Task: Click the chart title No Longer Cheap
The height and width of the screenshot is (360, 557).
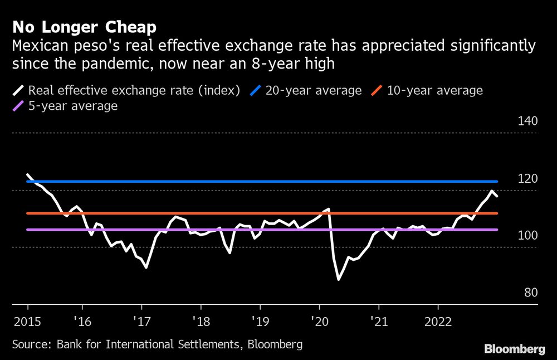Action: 84,27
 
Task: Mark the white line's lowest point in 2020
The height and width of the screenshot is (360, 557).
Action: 339,279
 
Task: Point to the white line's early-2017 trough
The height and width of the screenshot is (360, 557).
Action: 146,267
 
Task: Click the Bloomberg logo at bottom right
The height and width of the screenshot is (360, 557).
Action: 514,349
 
